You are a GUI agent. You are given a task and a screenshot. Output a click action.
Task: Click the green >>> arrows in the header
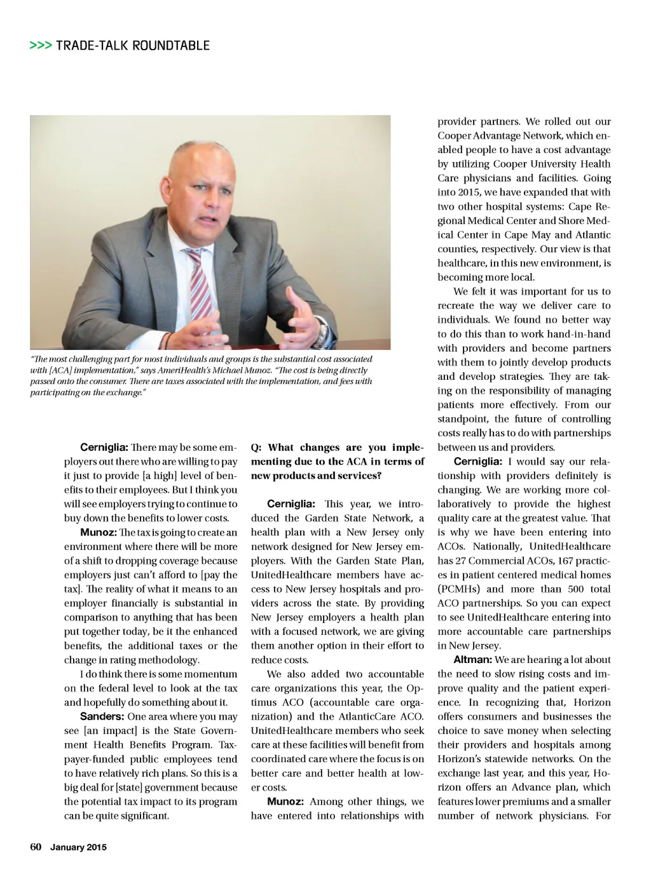(x=41, y=46)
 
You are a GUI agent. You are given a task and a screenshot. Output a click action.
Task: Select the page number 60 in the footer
(x=36, y=847)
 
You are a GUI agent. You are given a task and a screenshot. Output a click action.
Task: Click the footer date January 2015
(x=79, y=847)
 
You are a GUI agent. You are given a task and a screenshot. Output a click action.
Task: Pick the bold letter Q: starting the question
(x=256, y=448)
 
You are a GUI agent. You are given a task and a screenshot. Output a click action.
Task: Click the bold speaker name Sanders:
(x=102, y=716)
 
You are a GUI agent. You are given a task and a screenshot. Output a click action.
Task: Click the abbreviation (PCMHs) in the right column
(x=458, y=589)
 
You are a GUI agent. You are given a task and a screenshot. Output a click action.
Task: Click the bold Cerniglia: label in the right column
(x=477, y=462)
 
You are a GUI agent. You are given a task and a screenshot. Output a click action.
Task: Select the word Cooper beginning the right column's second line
(x=455, y=135)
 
